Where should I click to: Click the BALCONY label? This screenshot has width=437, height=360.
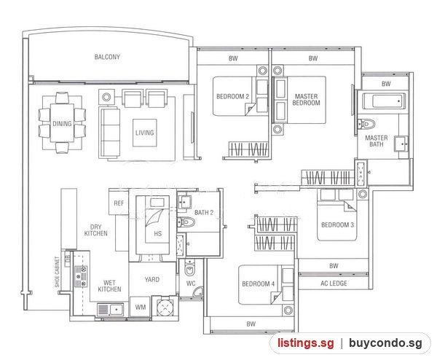click(107, 57)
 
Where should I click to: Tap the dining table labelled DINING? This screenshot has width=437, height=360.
click(62, 123)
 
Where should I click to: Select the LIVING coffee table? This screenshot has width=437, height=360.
click(145, 133)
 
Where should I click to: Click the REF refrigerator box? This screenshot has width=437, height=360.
click(119, 203)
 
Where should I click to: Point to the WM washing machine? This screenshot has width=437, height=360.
click(140, 307)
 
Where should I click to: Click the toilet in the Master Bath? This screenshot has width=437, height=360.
click(366, 124)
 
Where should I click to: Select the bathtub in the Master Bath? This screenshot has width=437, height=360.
click(384, 101)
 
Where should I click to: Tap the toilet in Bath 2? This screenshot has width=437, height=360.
click(186, 222)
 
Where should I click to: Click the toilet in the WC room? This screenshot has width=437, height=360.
click(190, 268)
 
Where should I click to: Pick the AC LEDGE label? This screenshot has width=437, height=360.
click(334, 283)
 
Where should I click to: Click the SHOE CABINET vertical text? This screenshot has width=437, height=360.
click(57, 272)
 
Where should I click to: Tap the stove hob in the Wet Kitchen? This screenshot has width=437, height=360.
click(81, 276)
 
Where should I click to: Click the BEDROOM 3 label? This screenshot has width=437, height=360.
click(337, 224)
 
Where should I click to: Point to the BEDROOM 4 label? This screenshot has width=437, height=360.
click(258, 284)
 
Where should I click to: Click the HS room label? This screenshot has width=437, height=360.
click(158, 233)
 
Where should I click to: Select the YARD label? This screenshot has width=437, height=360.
click(152, 279)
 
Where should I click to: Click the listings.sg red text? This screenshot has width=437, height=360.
click(305, 343)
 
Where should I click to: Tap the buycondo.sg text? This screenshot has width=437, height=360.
click(385, 343)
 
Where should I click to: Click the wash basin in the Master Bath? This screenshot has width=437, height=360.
click(401, 144)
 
